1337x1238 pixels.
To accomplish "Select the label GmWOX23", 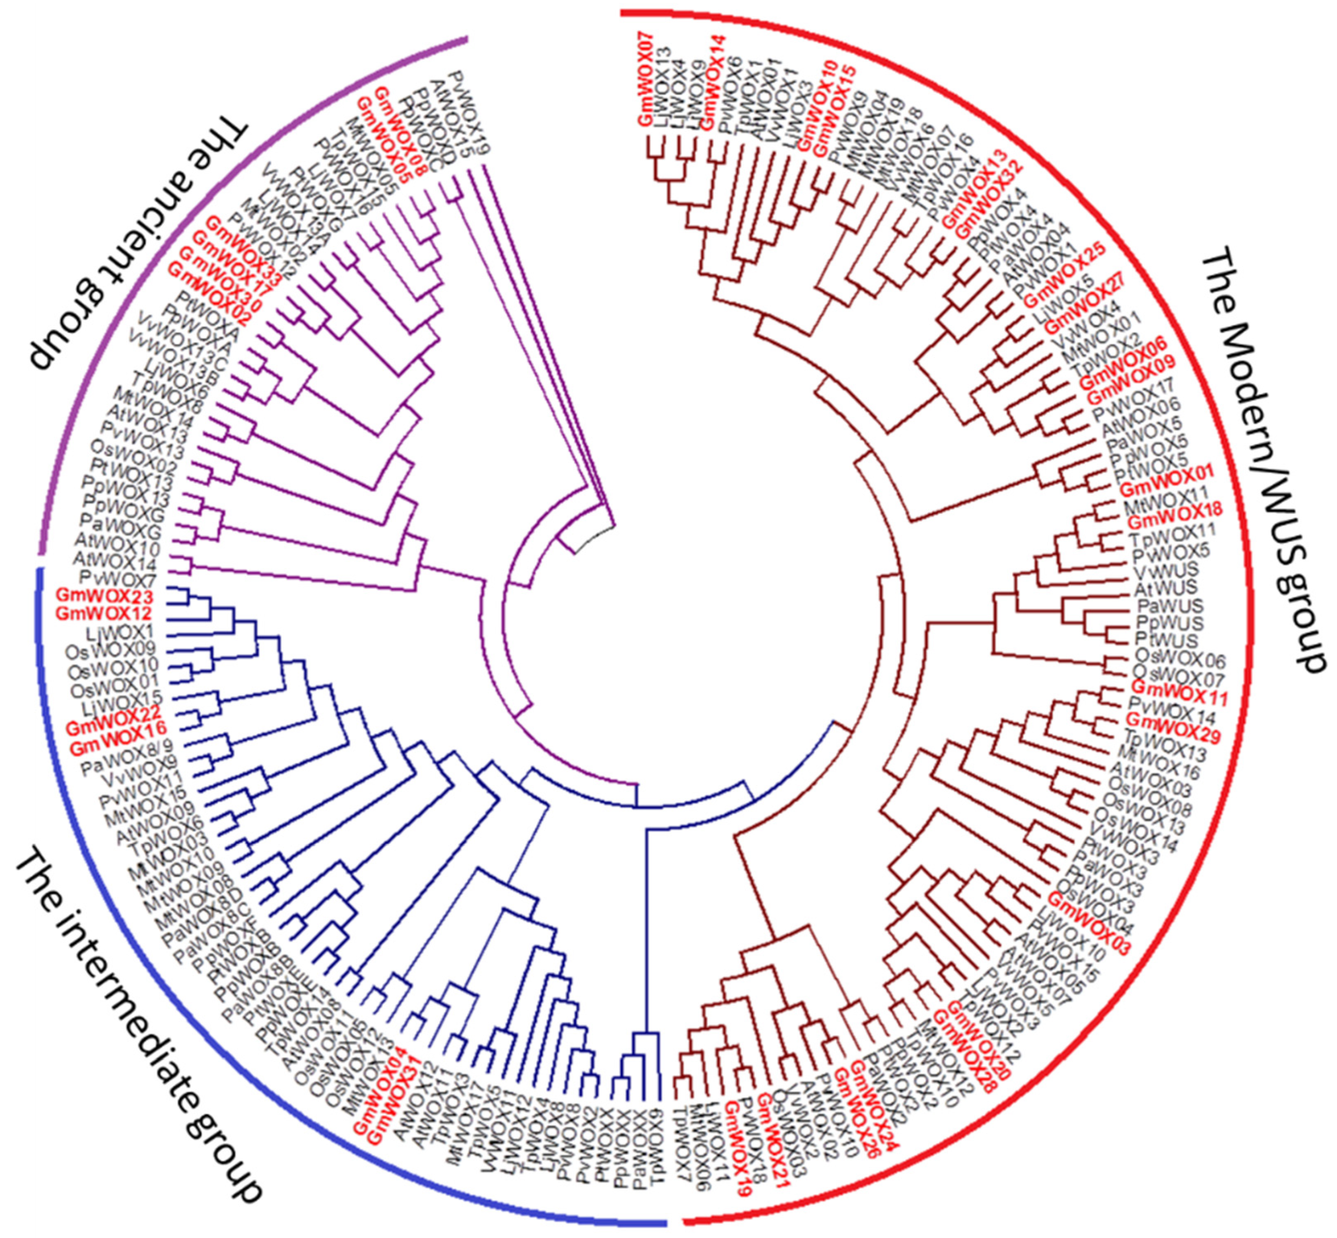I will (x=105, y=596).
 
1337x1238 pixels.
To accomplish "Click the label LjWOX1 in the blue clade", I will (x=120, y=632).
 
